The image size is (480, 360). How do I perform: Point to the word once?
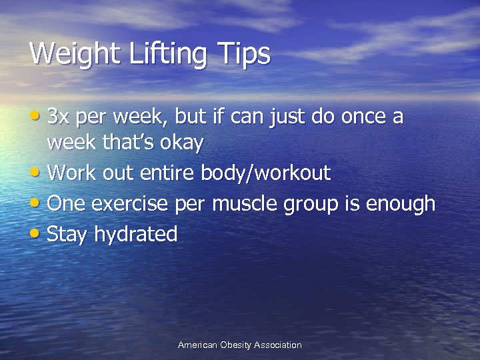click(359, 117)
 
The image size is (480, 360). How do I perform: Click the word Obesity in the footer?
click(239, 345)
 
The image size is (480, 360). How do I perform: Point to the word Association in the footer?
click(279, 345)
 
